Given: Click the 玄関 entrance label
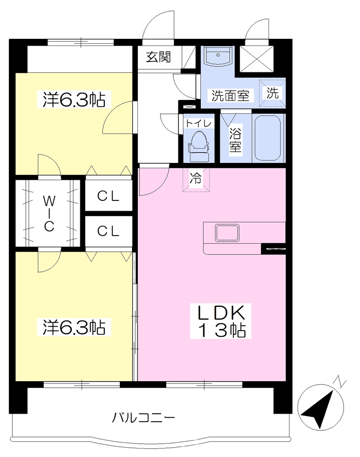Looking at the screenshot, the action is point(158,57).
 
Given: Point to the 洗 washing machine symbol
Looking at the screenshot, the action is point(272,93).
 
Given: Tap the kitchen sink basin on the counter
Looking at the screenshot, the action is point(227,233).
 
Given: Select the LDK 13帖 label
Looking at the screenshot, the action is point(220,321).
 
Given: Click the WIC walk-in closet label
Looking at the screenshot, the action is point(49,213).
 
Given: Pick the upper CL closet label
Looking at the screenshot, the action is point(108,196).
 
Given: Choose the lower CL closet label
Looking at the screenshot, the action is point(108,231).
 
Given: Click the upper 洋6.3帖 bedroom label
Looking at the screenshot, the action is point(74,100).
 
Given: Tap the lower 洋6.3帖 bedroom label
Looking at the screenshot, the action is point(74,327).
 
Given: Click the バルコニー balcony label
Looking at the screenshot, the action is point(144,418).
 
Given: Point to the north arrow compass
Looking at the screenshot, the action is point(320,407).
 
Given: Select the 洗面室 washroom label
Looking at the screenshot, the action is point(230,96).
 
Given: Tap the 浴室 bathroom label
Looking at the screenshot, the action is point(236,140).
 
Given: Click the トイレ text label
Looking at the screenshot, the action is point(199,123).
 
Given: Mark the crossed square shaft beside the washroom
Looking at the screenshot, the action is point(257,58).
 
